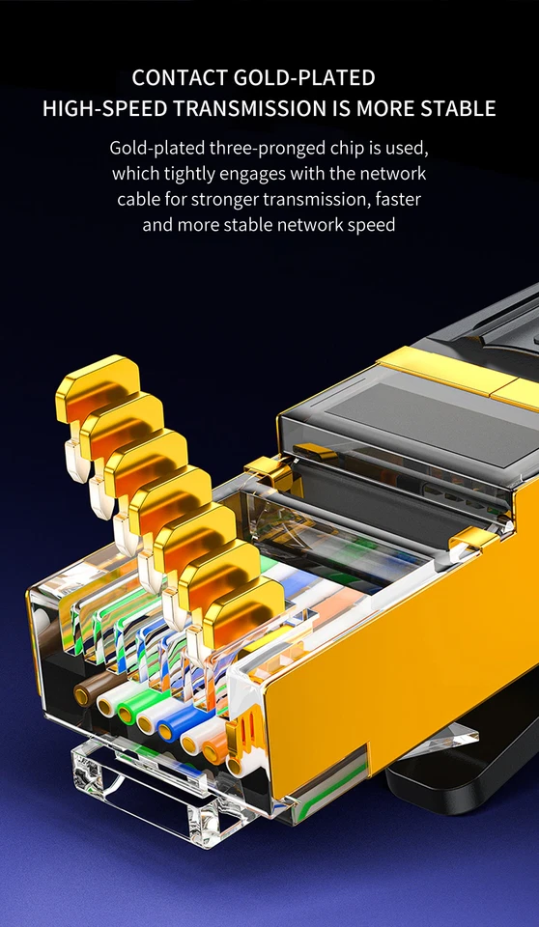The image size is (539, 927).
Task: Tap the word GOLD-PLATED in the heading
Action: pos(311,77)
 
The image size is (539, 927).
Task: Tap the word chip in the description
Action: pos(332,149)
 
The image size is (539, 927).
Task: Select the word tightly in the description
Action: pos(188,174)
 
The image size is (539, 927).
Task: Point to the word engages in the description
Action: pos(252,174)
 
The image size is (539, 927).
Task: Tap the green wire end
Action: pos(128,713)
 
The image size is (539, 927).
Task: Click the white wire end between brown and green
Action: pos(107,703)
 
